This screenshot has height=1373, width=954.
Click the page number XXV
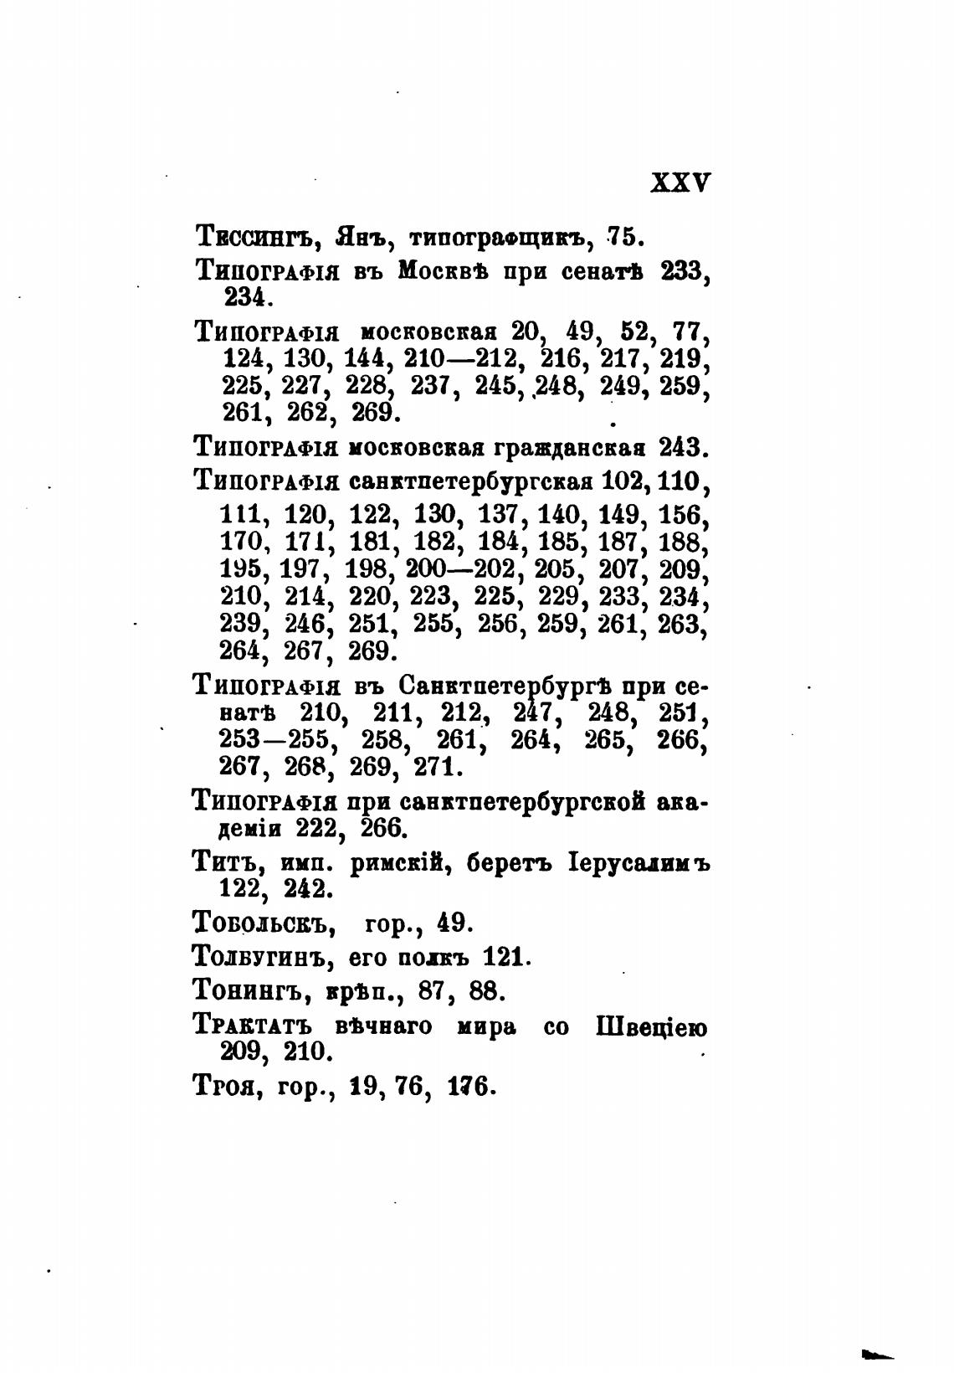680,183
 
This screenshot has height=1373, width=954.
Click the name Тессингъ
254,238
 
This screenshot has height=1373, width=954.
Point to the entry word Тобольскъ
264,923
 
